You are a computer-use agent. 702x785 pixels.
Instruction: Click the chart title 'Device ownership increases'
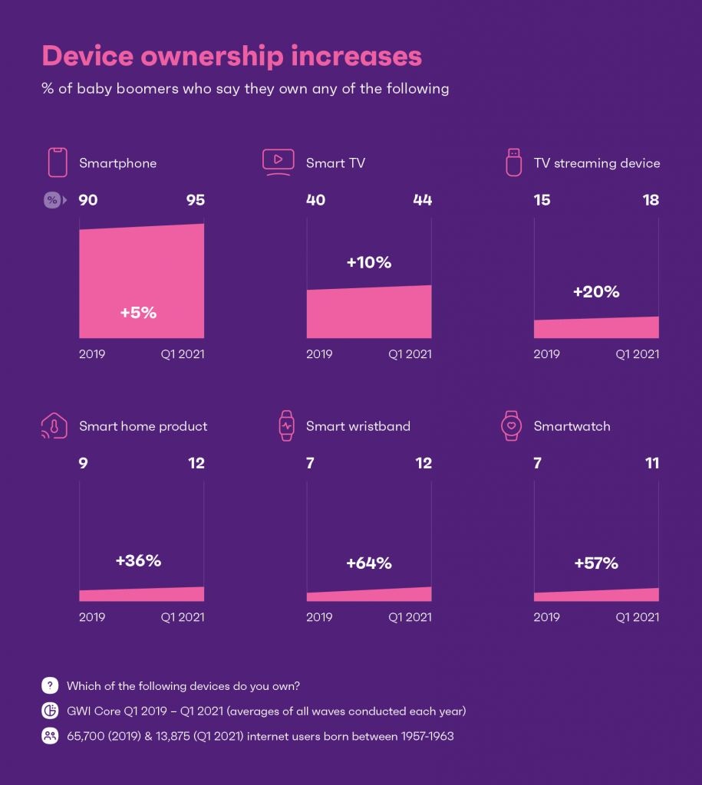232,57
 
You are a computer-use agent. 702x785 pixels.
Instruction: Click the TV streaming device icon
512,162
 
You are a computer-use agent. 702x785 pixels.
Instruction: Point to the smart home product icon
54,426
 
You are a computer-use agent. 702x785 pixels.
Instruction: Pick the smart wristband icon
286,426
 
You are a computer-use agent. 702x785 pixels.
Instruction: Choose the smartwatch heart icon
511,426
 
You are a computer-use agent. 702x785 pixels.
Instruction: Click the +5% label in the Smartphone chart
138,313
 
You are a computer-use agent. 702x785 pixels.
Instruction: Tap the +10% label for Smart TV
368,262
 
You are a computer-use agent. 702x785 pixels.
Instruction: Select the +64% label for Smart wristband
368,563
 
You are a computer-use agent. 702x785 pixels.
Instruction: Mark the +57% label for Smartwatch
596,563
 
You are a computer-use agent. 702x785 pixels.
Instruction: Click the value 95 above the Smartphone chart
195,200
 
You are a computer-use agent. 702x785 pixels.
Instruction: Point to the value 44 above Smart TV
422,200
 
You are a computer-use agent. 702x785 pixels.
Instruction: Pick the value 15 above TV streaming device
543,200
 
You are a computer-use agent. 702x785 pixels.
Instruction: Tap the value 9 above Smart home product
84,463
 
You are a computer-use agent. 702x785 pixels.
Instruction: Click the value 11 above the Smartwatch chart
651,463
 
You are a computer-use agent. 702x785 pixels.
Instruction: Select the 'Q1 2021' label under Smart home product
183,617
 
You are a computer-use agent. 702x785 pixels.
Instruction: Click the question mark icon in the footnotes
50,686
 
